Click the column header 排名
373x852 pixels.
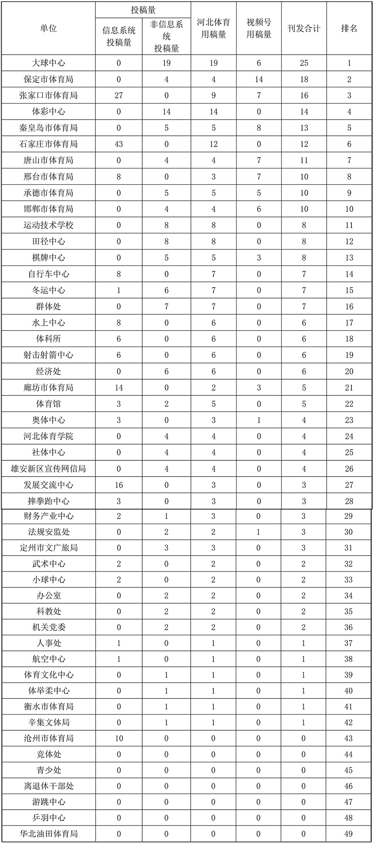click(x=349, y=29)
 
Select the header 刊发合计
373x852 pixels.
click(x=304, y=29)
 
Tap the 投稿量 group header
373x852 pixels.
click(x=143, y=10)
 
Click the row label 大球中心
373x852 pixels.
click(x=48, y=63)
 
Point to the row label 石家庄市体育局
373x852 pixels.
click(x=48, y=144)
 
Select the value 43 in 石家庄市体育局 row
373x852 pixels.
click(x=119, y=144)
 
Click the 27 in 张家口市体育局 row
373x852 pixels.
click(x=119, y=95)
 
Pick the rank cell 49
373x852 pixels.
click(x=349, y=834)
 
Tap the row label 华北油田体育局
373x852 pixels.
click(x=48, y=834)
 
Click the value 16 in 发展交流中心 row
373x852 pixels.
click(x=119, y=485)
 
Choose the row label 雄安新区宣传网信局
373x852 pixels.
click(x=48, y=469)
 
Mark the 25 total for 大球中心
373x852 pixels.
click(x=304, y=63)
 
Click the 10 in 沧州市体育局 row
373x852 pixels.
click(x=119, y=738)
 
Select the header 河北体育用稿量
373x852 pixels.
click(x=213, y=29)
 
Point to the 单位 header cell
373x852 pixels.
click(x=48, y=29)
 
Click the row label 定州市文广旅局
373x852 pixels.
click(x=48, y=548)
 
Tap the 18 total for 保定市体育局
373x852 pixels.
click(x=304, y=79)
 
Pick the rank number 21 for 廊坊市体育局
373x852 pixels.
click(x=349, y=387)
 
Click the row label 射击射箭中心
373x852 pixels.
click(x=48, y=355)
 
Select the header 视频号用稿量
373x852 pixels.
click(x=259, y=29)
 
